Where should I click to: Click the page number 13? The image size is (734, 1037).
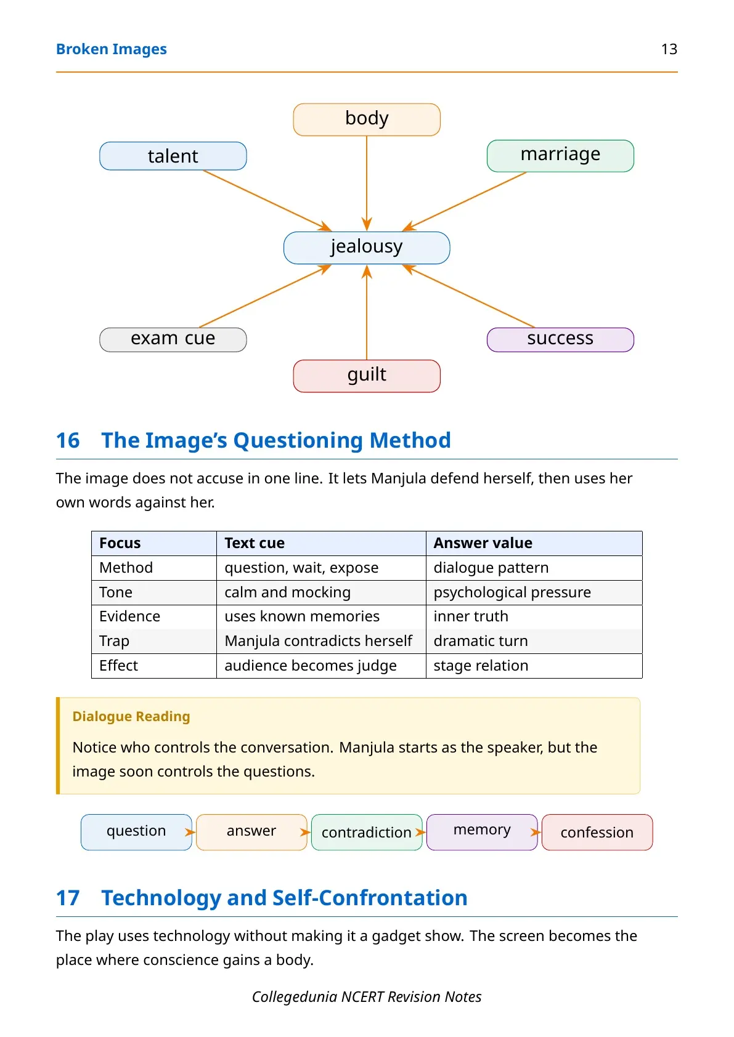[669, 49]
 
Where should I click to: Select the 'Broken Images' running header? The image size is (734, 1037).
[111, 49]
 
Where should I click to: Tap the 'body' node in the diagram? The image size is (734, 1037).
[367, 119]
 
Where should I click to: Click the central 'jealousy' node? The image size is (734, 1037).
[367, 248]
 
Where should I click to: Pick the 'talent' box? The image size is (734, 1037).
[173, 156]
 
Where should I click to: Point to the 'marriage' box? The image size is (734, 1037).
[560, 156]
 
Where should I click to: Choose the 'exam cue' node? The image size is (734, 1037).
[173, 340]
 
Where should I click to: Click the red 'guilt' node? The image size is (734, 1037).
[367, 376]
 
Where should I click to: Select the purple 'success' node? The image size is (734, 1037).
[560, 340]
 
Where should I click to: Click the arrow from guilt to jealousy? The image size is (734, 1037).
[367, 312]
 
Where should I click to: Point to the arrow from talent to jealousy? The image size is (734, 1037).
[267, 201]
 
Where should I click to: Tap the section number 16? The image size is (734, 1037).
[68, 440]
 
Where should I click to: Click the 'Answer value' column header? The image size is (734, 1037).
[483, 543]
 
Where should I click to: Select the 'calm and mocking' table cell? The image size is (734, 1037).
[287, 592]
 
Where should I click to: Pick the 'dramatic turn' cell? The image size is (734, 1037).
[481, 640]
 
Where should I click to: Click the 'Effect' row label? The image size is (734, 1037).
[118, 665]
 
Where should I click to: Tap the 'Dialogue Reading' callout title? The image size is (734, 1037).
[131, 716]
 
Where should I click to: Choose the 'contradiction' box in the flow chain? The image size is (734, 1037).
[367, 832]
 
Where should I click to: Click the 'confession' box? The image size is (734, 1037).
[597, 832]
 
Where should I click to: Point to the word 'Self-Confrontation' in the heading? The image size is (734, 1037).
[370, 898]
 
